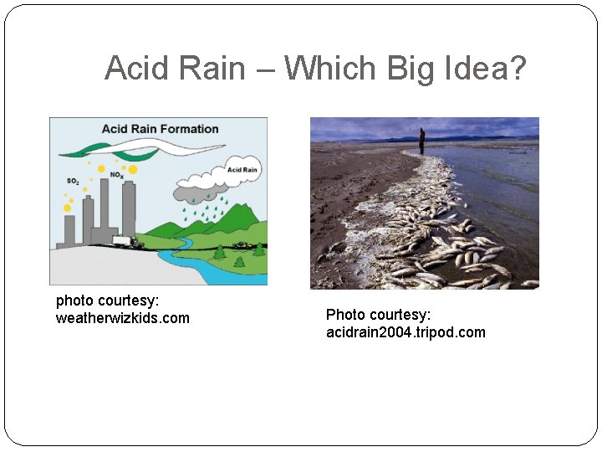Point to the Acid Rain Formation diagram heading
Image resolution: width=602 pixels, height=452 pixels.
click(160, 129)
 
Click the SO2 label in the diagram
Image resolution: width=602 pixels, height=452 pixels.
click(74, 181)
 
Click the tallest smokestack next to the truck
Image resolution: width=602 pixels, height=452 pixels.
click(129, 209)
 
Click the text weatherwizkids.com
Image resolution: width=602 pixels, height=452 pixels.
click(122, 318)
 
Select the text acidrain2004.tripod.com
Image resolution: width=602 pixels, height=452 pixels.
click(406, 332)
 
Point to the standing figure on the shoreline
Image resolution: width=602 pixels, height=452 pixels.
click(422, 141)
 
